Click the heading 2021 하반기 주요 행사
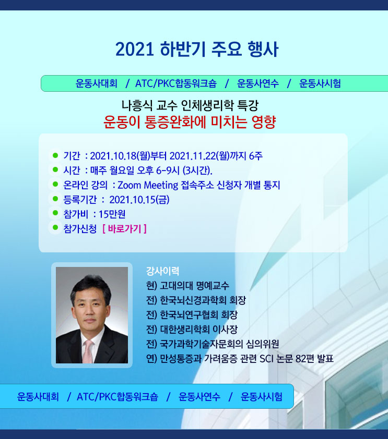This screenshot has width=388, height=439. coord(197,50)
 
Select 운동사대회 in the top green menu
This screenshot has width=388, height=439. coord(97,83)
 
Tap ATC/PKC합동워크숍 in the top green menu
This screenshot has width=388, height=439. coord(176,83)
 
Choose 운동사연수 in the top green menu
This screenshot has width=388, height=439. coord(258,83)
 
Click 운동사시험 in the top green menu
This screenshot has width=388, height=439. coord(320,83)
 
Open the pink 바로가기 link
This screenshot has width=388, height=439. coord(124,229)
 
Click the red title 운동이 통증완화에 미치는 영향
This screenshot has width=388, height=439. coord(190,122)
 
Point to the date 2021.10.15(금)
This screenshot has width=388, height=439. coord(139,200)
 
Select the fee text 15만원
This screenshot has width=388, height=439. coord(112,214)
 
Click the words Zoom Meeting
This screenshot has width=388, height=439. coord(148,185)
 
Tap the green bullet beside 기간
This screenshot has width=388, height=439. coord(55,155)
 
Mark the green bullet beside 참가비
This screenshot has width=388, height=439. coord(55,213)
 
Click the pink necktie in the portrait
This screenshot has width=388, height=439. coord(88,351)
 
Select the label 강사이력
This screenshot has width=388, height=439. coord(162,271)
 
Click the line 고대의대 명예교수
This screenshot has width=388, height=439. coord(194,286)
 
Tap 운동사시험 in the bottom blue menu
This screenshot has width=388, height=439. coord(262,396)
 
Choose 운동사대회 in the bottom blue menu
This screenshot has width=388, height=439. coord(38,396)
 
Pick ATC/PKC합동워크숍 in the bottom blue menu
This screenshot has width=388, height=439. coord(117,396)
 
